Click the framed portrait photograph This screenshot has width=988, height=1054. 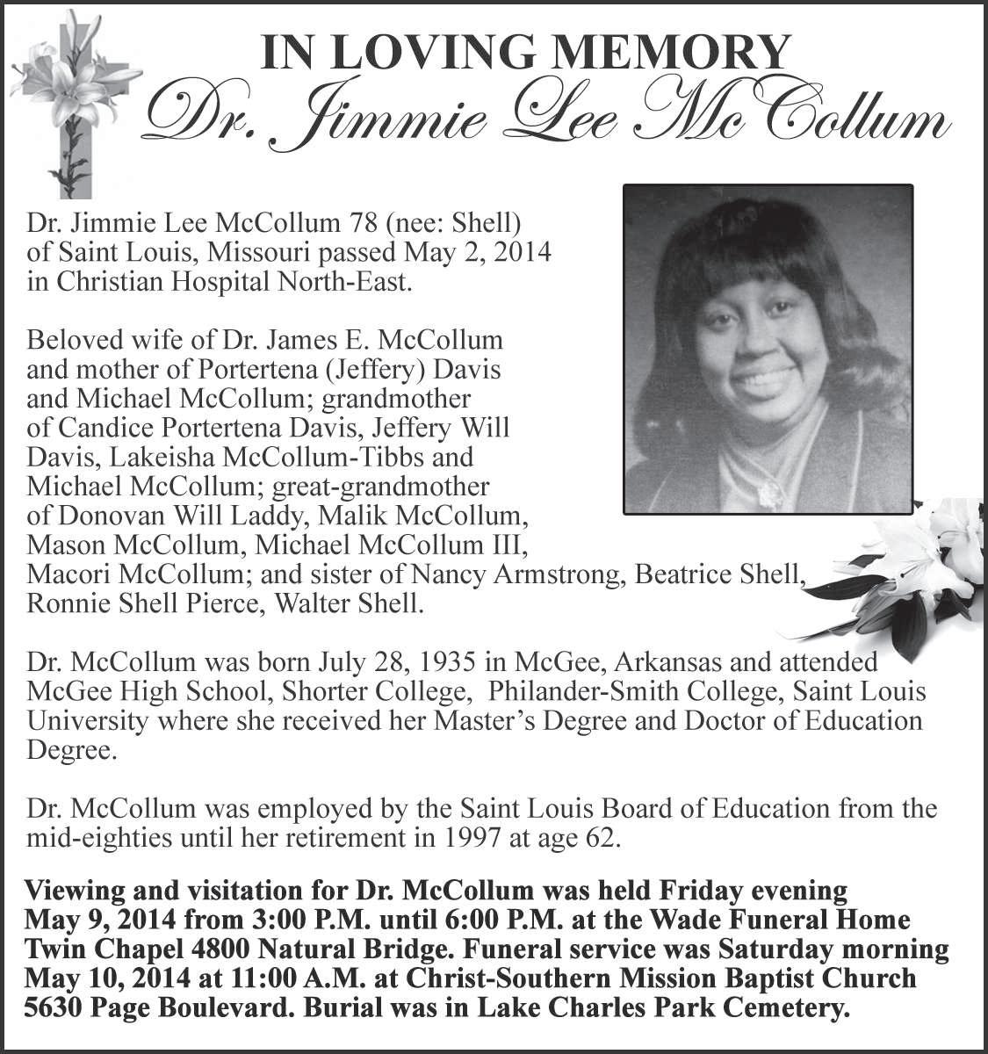[768, 349]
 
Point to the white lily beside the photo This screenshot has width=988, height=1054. [913, 567]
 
